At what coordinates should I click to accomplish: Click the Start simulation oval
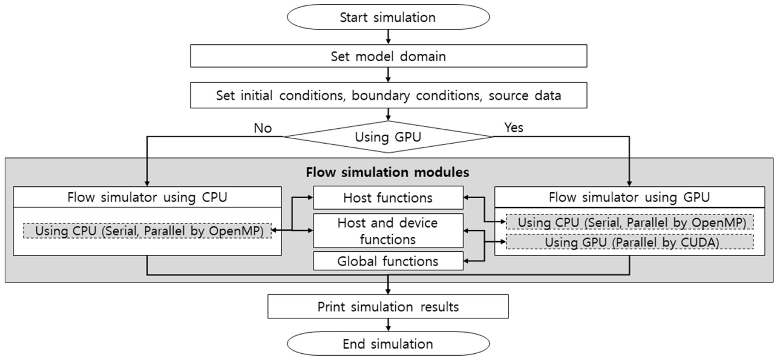[x=388, y=17]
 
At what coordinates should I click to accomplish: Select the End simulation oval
[x=388, y=344]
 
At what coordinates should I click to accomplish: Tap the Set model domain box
[x=388, y=56]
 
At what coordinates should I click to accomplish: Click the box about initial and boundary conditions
[x=388, y=95]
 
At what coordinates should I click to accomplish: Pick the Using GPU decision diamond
[x=388, y=137]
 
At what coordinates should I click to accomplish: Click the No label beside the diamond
[x=262, y=128]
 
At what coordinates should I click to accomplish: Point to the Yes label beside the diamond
[x=513, y=127]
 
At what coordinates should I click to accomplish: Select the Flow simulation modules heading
[x=387, y=172]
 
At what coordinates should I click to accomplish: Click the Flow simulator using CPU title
[x=147, y=197]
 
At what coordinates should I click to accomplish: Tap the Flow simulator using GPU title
[x=629, y=197]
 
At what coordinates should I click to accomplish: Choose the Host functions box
[x=388, y=198]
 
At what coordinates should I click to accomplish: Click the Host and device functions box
[x=388, y=231]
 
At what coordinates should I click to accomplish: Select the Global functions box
[x=388, y=261]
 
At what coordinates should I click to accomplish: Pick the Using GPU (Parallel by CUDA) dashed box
[x=629, y=242]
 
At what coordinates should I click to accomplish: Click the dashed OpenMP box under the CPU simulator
[x=147, y=231]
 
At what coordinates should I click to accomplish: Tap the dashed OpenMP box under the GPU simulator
[x=629, y=222]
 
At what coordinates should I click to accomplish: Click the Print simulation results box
[x=388, y=307]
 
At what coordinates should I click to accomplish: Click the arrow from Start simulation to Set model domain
[x=388, y=37]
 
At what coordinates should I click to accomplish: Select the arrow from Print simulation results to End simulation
[x=388, y=325]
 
